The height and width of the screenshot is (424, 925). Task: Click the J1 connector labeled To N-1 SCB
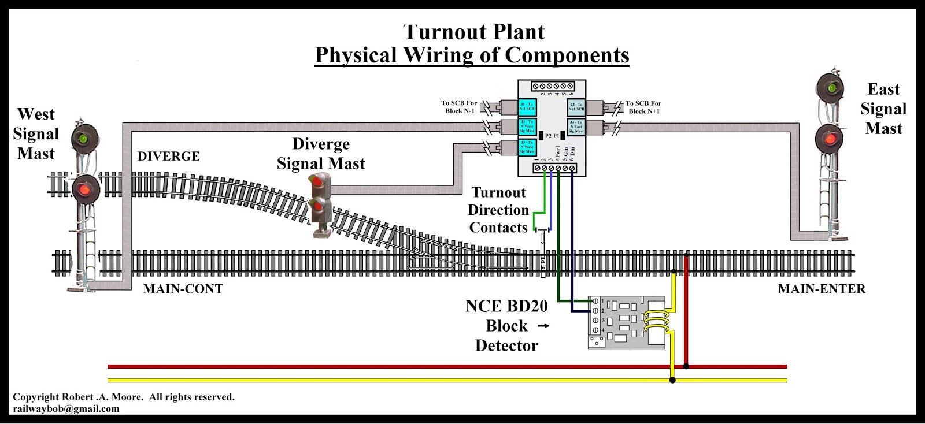pyautogui.click(x=527, y=107)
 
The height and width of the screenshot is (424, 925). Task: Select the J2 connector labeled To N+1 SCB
pyautogui.click(x=576, y=107)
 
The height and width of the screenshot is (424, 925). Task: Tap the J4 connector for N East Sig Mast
pyautogui.click(x=576, y=127)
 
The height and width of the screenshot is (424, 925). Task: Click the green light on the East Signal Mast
pyautogui.click(x=831, y=88)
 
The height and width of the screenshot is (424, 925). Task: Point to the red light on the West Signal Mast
pyautogui.click(x=86, y=189)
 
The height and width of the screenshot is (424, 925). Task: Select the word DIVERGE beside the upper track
pyautogui.click(x=168, y=156)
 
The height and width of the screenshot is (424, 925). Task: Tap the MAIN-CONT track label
pyautogui.click(x=183, y=289)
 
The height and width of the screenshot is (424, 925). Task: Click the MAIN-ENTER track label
pyautogui.click(x=821, y=289)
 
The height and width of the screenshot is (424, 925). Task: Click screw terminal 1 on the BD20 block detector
pyautogui.click(x=595, y=301)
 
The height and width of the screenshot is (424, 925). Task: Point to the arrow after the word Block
pyautogui.click(x=543, y=326)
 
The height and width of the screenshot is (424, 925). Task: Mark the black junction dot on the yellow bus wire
pyautogui.click(x=672, y=380)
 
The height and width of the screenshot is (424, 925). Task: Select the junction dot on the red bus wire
pyautogui.click(x=686, y=366)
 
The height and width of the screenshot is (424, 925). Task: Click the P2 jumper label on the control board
pyautogui.click(x=548, y=136)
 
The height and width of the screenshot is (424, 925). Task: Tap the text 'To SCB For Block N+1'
pyautogui.click(x=643, y=107)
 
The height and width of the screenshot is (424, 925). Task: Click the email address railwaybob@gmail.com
pyautogui.click(x=66, y=408)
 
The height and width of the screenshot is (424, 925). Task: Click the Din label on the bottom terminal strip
pyautogui.click(x=572, y=152)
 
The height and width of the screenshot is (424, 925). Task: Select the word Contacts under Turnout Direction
pyautogui.click(x=498, y=228)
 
